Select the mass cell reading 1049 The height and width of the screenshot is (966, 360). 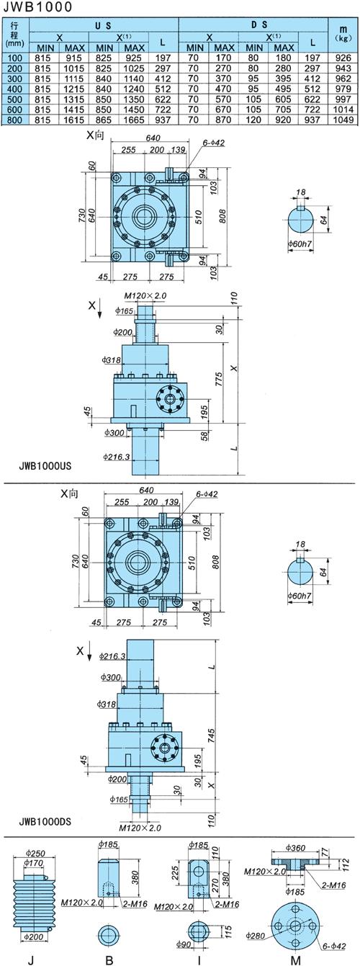343,120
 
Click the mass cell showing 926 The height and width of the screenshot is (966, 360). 343,58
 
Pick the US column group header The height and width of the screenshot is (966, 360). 103,25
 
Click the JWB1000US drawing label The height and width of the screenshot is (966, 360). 45,466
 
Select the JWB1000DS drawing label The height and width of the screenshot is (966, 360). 45,821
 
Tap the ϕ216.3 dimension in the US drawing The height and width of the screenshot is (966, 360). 117,457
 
